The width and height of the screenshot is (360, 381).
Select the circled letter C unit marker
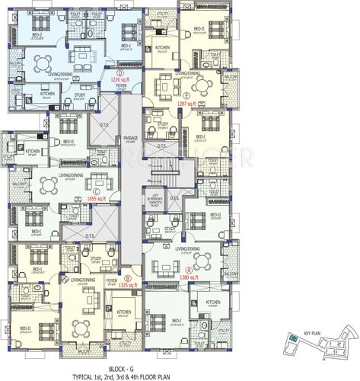point(97,190)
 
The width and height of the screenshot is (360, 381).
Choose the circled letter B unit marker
point(129,279)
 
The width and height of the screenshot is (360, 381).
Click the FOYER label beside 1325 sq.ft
point(112,280)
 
